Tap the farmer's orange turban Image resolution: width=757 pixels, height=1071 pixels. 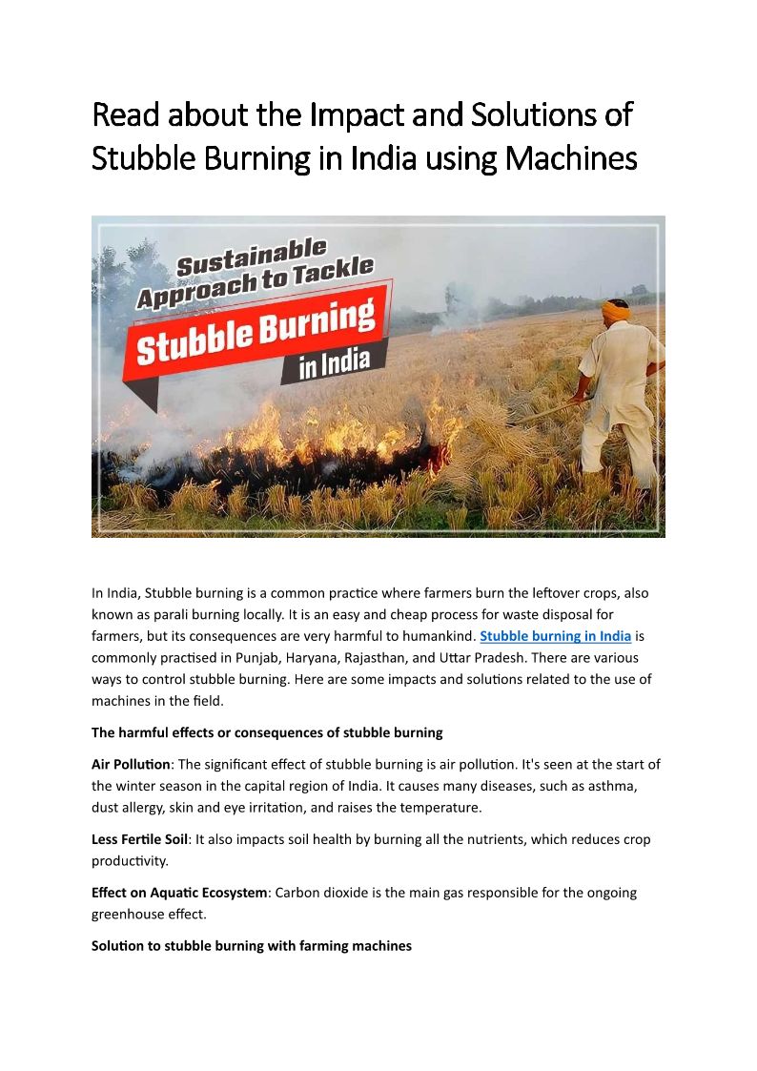615,310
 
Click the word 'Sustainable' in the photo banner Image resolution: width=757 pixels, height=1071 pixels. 252,258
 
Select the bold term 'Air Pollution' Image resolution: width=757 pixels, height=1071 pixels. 131,765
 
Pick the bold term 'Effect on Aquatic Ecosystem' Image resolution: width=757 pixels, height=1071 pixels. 179,894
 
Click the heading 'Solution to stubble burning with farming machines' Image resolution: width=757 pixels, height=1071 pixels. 252,946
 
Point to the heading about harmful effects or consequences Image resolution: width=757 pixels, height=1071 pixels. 267,732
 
